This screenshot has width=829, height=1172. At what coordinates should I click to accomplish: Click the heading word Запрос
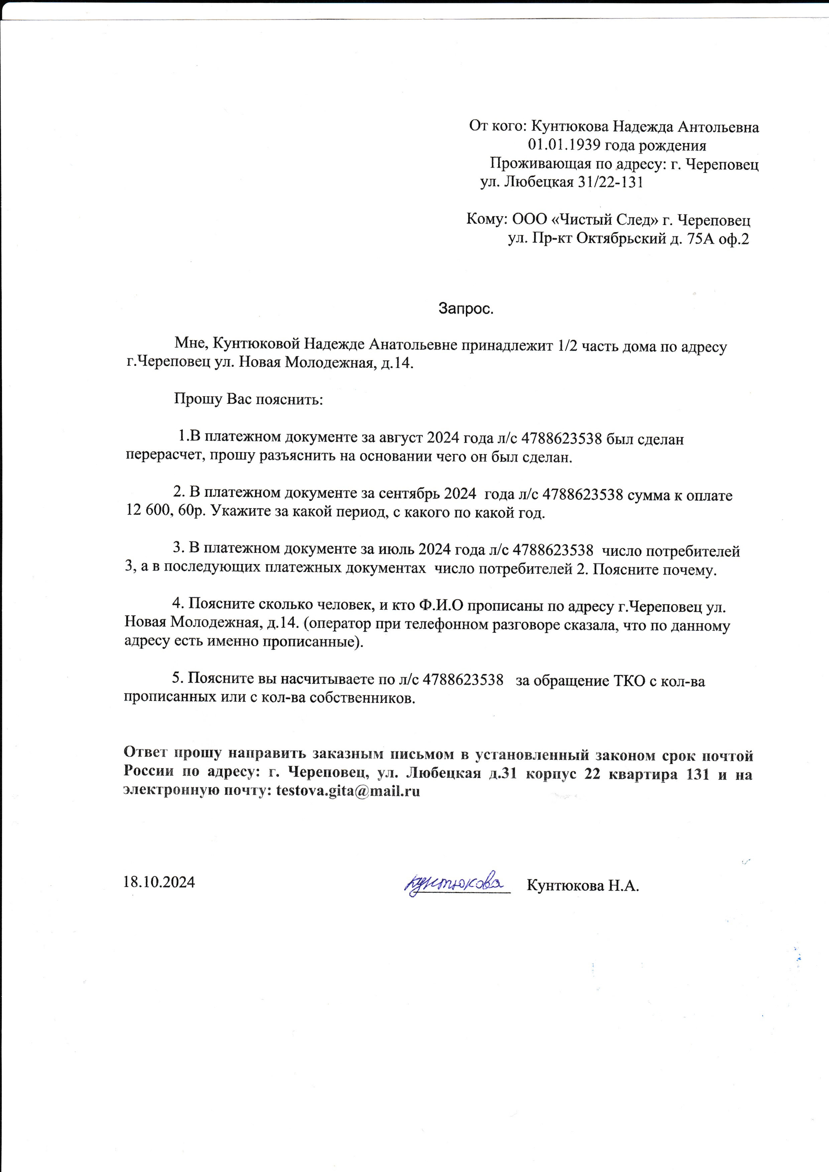tap(466, 309)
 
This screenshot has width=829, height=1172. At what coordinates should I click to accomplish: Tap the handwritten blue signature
tap(454, 882)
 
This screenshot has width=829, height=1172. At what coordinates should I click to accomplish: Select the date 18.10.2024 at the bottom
tap(159, 882)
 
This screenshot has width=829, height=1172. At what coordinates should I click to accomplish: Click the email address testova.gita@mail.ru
tap(348, 792)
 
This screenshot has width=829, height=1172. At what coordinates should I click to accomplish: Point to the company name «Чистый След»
tap(605, 220)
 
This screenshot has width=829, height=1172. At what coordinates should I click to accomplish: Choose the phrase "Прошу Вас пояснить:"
tap(249, 399)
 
